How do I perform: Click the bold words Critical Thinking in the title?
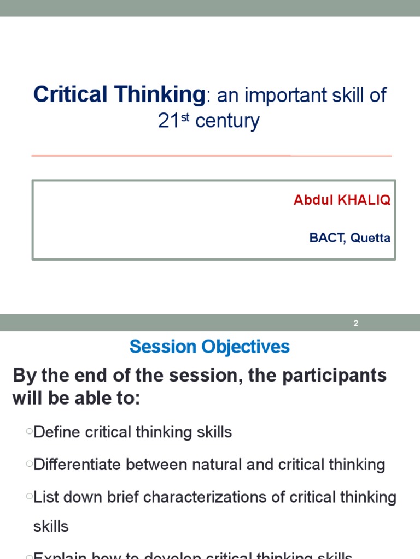119,95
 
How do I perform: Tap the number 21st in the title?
173,121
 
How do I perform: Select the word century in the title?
227,121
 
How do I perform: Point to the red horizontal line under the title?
212,156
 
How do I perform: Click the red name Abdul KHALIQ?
342,200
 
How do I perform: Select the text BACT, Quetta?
349,238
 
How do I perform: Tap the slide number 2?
356,323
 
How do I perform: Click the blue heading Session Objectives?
209,347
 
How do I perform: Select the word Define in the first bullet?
57,432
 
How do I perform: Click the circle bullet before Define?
28,432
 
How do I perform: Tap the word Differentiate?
77,465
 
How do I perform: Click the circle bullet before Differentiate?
28,465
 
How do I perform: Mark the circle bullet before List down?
28,497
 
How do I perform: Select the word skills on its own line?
51,526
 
